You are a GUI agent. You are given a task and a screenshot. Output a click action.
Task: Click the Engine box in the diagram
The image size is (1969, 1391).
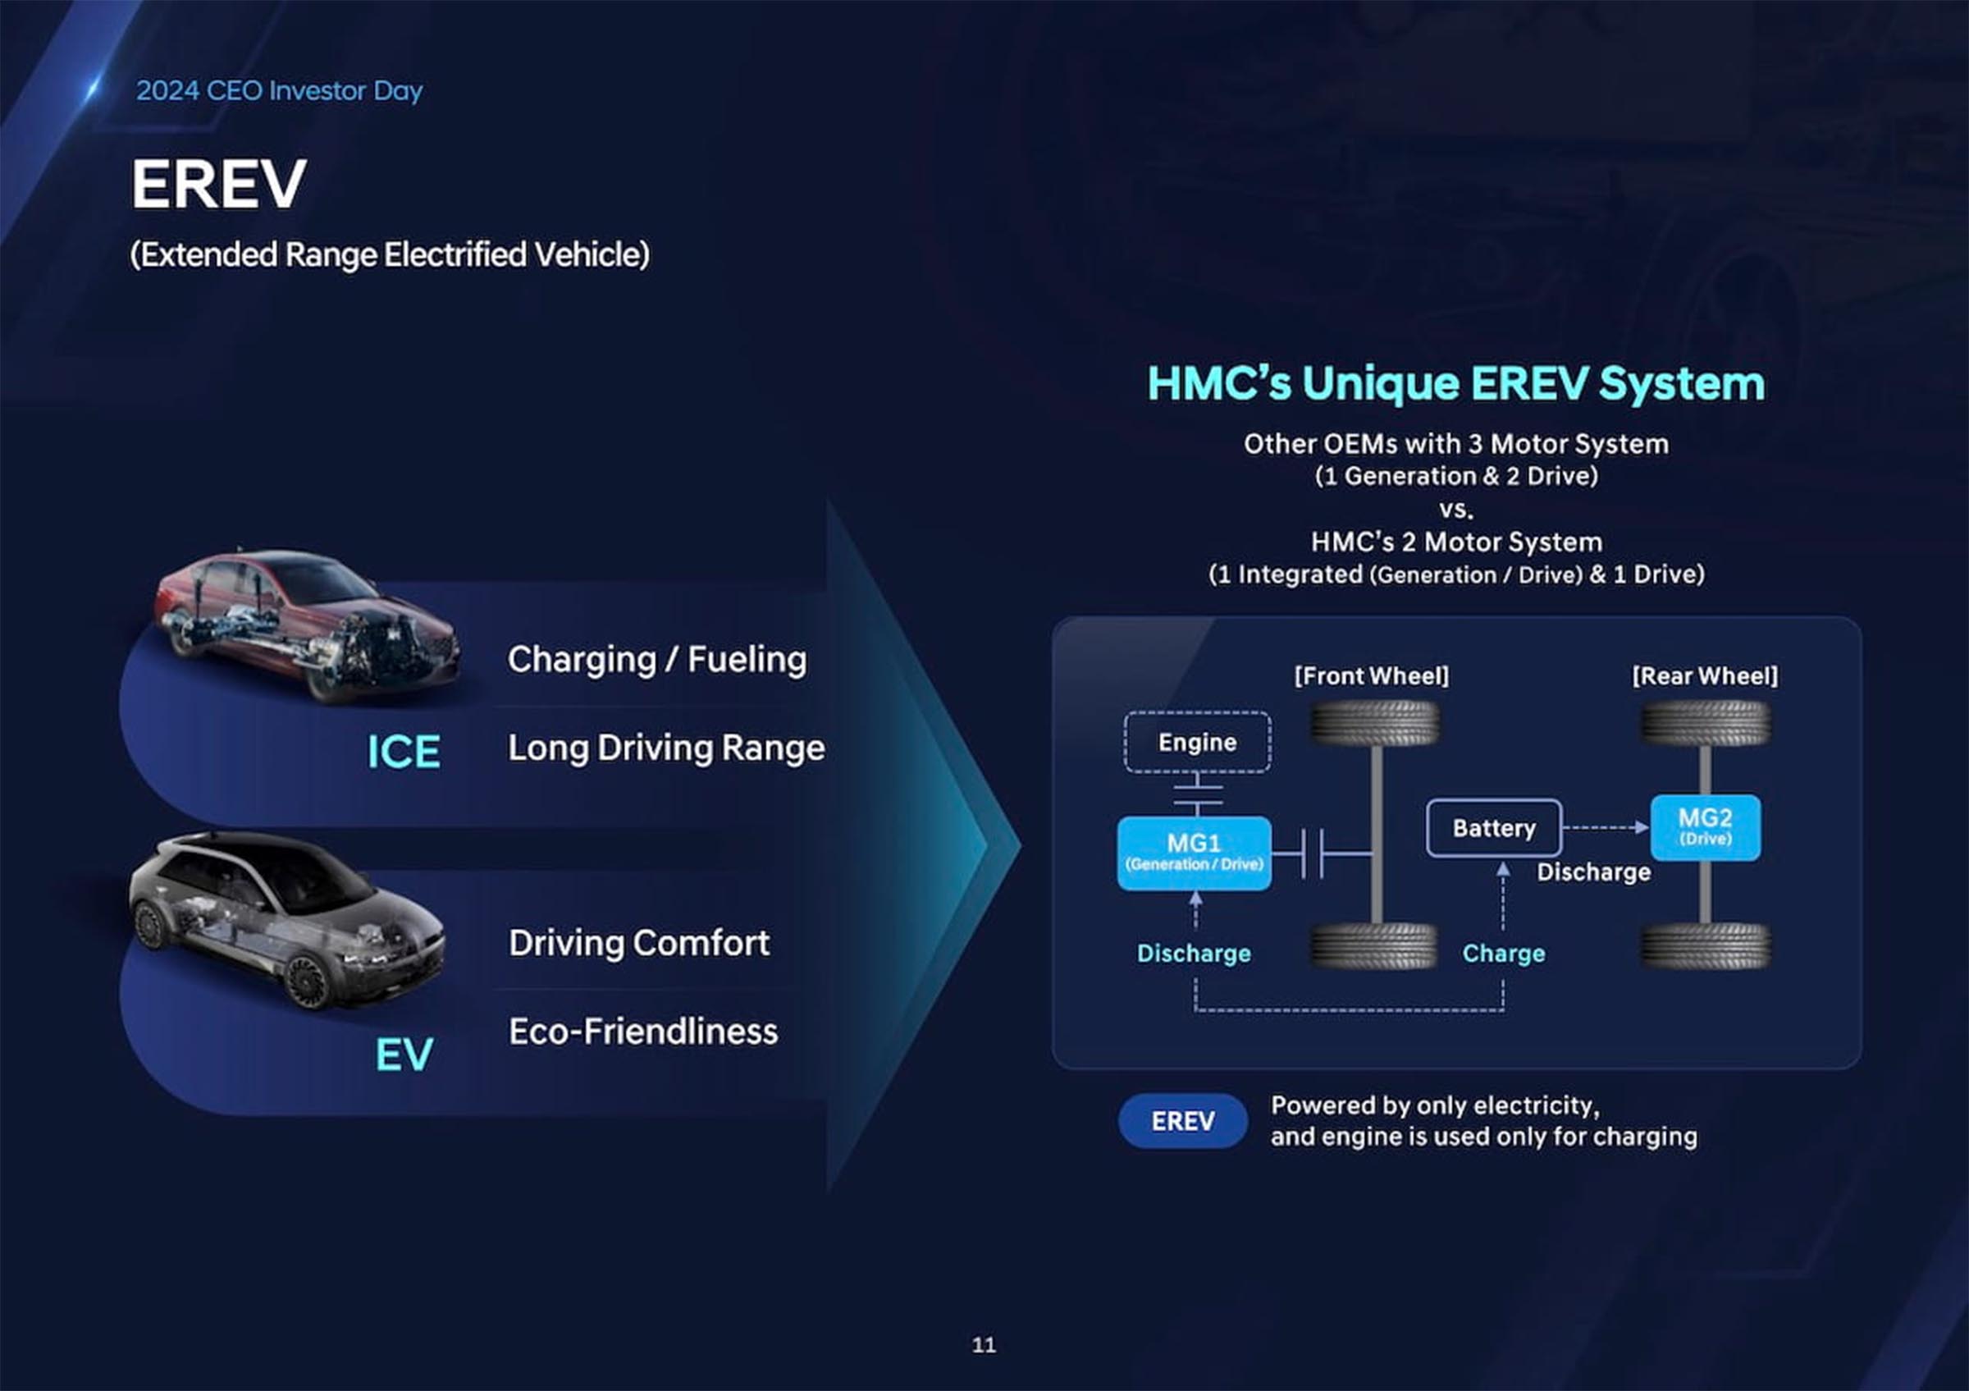tap(1197, 742)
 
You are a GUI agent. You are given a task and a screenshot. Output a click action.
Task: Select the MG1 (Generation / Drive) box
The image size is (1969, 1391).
tap(1194, 853)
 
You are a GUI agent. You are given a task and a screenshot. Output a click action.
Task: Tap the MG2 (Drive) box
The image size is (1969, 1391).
tap(1705, 827)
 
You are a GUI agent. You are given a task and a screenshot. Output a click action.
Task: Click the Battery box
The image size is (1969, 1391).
tap(1494, 827)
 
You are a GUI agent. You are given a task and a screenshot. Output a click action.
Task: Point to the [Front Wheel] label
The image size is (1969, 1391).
tap(1371, 675)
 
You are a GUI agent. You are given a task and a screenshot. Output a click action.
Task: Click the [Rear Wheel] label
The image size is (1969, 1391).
tap(1705, 675)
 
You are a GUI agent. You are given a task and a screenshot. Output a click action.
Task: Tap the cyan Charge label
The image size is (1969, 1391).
tap(1503, 953)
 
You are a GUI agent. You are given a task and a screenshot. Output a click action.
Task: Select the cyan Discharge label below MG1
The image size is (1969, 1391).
tap(1194, 953)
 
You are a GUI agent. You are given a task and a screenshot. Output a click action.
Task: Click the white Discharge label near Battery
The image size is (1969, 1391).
tap(1593, 872)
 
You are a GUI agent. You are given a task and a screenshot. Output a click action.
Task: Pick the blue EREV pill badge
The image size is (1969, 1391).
tap(1182, 1121)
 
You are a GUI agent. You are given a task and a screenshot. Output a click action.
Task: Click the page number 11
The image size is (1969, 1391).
tap(984, 1344)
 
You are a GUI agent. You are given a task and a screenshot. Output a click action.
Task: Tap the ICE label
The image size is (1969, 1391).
tap(403, 751)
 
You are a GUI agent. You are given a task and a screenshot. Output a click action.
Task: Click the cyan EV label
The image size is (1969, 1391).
tap(403, 1054)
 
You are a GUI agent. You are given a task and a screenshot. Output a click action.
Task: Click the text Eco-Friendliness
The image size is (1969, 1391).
tap(643, 1031)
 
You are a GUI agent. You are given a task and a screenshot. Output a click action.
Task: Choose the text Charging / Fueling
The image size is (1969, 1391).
tap(657, 660)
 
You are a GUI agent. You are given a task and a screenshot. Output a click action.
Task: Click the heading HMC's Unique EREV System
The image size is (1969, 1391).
tap(1456, 382)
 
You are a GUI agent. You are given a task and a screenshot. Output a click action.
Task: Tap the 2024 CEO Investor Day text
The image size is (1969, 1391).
tap(280, 90)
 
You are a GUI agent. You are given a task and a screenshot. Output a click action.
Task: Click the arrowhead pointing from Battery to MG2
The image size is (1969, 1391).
tap(1642, 827)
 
